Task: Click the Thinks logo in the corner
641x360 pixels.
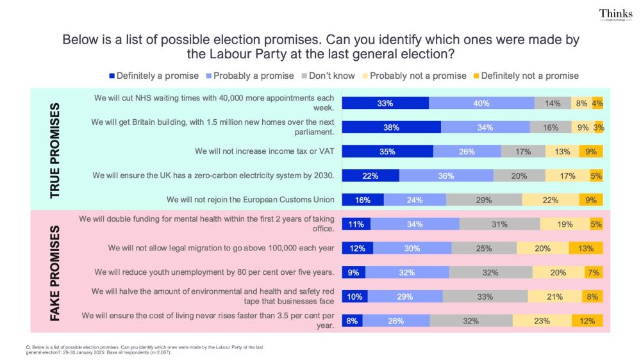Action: pyautogui.click(x=615, y=15)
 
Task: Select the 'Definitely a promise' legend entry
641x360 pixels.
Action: pyautogui.click(x=153, y=76)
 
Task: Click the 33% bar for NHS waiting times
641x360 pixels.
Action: pyautogui.click(x=385, y=103)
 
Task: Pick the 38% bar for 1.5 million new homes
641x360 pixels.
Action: pyautogui.click(x=391, y=127)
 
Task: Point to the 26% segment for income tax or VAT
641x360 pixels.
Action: pyautogui.click(x=467, y=152)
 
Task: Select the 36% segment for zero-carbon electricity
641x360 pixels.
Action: pyautogui.click(x=446, y=176)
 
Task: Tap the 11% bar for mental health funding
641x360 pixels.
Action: pyautogui.click(x=356, y=224)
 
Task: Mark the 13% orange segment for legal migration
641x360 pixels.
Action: pyautogui.click(x=585, y=249)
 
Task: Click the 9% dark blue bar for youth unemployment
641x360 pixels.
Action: pyautogui.click(x=353, y=272)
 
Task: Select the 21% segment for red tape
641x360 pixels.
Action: pyautogui.click(x=554, y=297)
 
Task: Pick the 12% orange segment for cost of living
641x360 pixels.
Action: pyautogui.click(x=587, y=321)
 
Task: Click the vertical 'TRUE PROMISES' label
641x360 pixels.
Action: pyautogui.click(x=56, y=149)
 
